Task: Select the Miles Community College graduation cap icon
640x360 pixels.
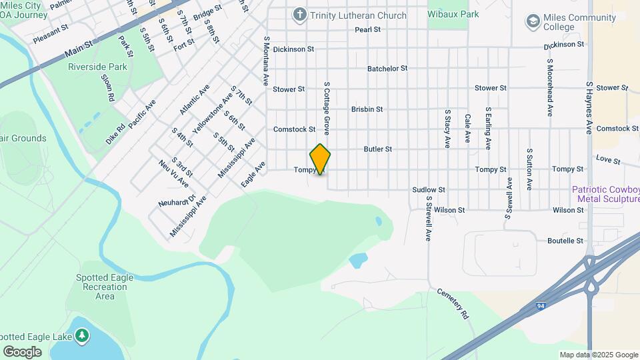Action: [532, 21]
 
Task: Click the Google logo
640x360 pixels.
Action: [22, 351]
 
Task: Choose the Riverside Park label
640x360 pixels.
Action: [97, 67]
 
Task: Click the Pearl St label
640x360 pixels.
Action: [367, 29]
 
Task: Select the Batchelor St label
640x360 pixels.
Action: [387, 69]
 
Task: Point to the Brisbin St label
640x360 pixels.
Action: [367, 109]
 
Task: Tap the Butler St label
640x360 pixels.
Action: [378, 149]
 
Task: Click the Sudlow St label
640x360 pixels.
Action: [428, 190]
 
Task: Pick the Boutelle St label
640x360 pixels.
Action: [565, 241]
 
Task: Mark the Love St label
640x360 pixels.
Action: [608, 160]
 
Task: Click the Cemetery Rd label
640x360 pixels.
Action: [454, 303]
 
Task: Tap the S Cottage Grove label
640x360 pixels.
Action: [327, 108]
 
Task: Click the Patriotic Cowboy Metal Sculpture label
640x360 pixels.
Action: [605, 195]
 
